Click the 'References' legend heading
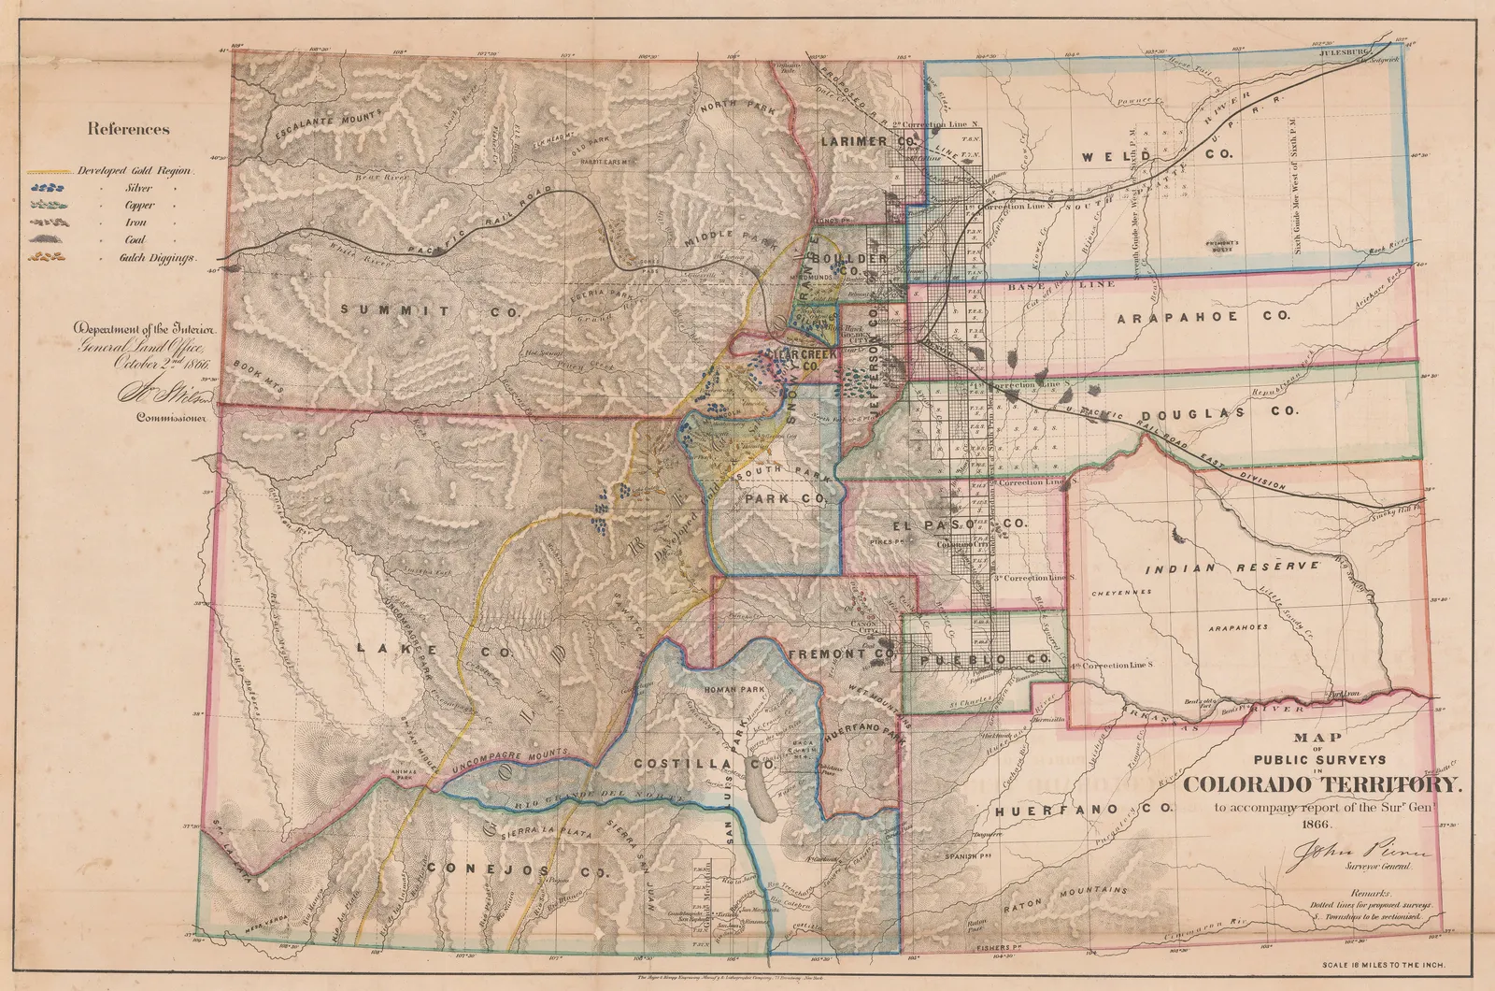(x=129, y=129)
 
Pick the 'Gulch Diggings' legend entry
(x=160, y=257)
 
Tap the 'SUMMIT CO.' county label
(x=429, y=310)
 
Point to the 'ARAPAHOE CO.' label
(x=1203, y=317)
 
